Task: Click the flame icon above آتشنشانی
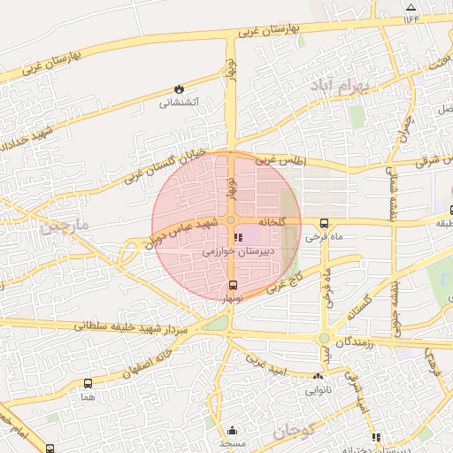(180, 88)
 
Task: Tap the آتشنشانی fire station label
(180, 103)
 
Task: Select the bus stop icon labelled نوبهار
(233, 285)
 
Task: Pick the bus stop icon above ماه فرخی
(324, 224)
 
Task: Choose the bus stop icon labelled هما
(87, 383)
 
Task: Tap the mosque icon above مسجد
(234, 426)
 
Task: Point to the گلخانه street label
(272, 221)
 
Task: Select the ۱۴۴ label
(411, 18)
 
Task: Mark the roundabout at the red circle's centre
(231, 219)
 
